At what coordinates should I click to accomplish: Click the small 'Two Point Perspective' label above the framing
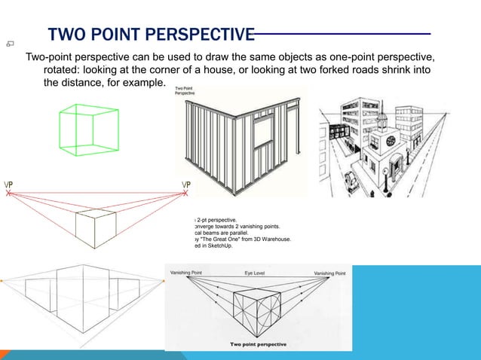point(186,92)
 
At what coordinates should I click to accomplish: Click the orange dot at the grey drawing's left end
point(2,280)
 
